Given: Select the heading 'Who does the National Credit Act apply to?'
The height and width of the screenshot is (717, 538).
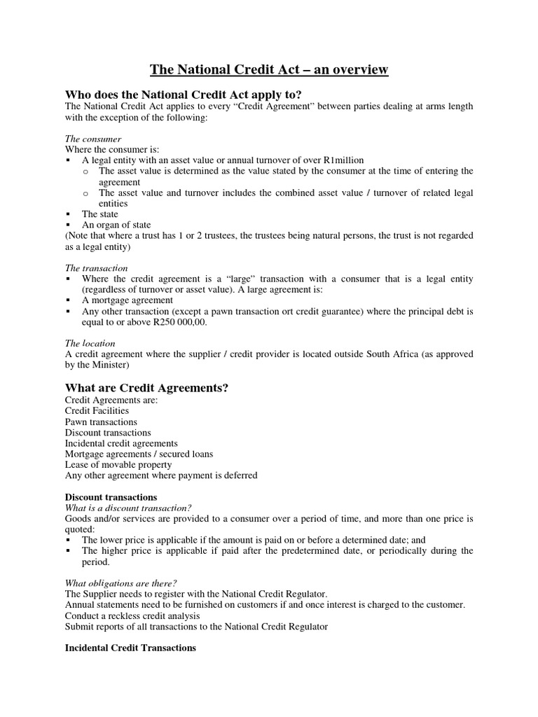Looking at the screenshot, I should pyautogui.click(x=183, y=94).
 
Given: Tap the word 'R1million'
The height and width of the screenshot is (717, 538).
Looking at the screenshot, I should pyautogui.click(x=343, y=160).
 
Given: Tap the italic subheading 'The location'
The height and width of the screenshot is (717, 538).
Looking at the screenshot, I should pyautogui.click(x=90, y=343).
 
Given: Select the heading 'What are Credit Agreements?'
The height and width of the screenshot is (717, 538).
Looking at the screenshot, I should pyautogui.click(x=146, y=387).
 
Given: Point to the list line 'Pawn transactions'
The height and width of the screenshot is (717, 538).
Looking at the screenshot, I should pyautogui.click(x=101, y=422).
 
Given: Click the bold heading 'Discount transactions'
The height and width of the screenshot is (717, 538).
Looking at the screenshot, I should pyautogui.click(x=111, y=497).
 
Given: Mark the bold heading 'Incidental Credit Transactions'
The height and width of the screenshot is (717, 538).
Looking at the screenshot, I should pyautogui.click(x=130, y=648).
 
